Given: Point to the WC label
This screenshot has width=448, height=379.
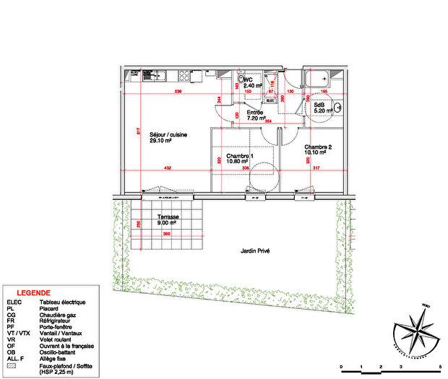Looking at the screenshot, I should pos(248,81).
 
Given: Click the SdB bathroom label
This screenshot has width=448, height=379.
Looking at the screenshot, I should pos(319,105).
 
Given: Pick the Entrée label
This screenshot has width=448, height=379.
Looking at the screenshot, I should pos(255,113).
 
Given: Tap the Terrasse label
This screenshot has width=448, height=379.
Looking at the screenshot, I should pos(169,217).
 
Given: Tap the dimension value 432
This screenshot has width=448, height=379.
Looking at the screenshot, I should pos(166,167).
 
